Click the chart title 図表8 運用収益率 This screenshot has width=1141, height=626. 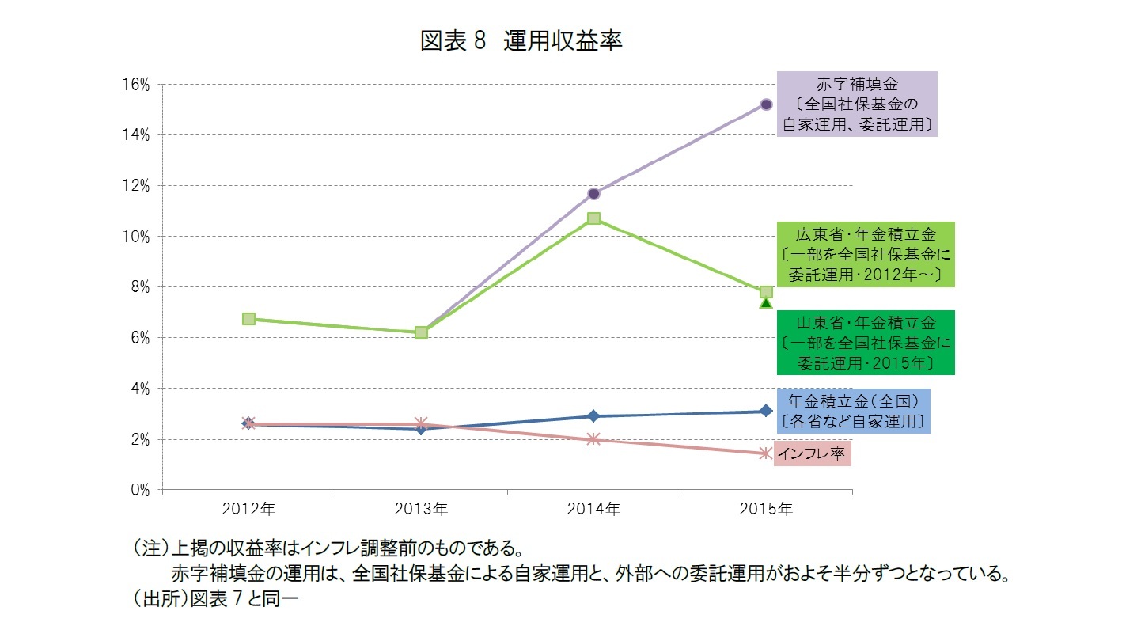point(521,41)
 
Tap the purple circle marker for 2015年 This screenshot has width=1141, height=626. point(766,104)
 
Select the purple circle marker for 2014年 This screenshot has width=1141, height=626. point(593,193)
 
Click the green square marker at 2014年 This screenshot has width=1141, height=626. point(593,218)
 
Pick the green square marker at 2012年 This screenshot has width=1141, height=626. point(248,319)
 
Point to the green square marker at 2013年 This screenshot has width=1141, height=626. point(421,332)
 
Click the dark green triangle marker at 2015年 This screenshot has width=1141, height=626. point(766,303)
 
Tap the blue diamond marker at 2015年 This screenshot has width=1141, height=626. point(766,411)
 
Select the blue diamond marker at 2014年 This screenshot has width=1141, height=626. point(593,416)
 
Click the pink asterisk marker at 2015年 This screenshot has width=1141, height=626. point(766,453)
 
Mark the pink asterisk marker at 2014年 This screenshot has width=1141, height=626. point(593,439)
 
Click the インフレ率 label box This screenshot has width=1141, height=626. point(811,453)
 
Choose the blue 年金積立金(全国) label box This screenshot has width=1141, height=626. point(853,411)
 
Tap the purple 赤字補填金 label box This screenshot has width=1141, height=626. point(857,104)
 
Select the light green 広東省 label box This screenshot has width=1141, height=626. point(866,254)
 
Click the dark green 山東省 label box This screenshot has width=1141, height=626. point(866,342)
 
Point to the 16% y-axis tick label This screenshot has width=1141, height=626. point(137,85)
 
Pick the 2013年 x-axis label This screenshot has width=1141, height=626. point(421,510)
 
